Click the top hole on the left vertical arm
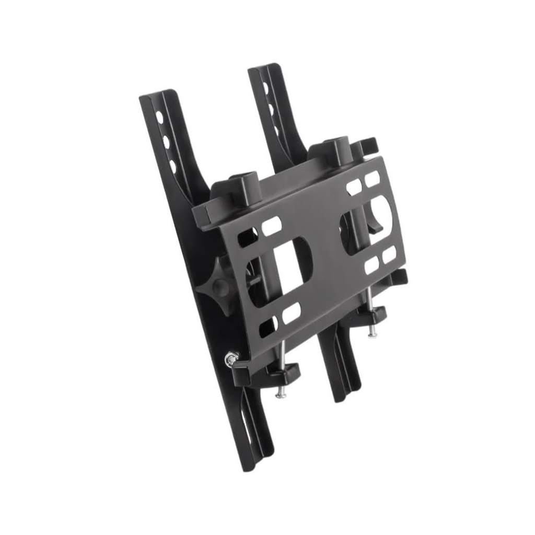160,118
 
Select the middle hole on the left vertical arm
166,142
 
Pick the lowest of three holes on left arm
173,167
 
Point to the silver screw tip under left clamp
280,394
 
